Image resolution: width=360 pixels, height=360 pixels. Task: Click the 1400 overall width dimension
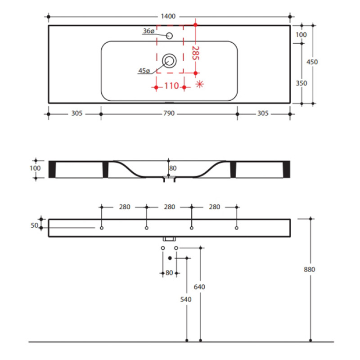[x=168, y=16]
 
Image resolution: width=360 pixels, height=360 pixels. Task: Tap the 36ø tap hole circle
[x=169, y=36]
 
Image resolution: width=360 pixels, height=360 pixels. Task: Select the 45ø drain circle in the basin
[x=169, y=61]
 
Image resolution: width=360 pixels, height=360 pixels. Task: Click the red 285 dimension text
[x=196, y=53]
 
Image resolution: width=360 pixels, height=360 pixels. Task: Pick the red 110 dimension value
[x=171, y=86]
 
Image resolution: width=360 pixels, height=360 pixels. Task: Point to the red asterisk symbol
[x=199, y=84]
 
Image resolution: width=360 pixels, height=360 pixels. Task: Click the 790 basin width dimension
[x=169, y=113]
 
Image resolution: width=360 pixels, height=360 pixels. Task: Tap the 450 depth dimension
[x=312, y=62]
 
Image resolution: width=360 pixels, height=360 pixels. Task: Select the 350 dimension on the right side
[x=301, y=83]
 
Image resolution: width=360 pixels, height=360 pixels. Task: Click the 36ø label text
[x=149, y=31]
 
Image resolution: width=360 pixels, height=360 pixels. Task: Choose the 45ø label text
[x=144, y=71]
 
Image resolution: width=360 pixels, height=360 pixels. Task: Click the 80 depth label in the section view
[x=173, y=168]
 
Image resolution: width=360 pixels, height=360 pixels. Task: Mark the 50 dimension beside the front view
[x=35, y=225]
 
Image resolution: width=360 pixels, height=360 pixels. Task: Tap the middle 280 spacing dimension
[x=170, y=207]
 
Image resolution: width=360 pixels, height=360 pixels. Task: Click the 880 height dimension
[x=309, y=270]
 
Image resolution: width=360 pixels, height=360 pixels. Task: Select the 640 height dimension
[x=199, y=287]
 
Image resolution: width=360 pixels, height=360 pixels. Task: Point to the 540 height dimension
[x=186, y=299]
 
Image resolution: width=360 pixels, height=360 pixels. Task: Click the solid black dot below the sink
[x=170, y=258]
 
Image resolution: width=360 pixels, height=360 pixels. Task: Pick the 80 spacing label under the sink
[x=169, y=273]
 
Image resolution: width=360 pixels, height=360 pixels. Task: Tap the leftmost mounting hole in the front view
[x=102, y=228]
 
